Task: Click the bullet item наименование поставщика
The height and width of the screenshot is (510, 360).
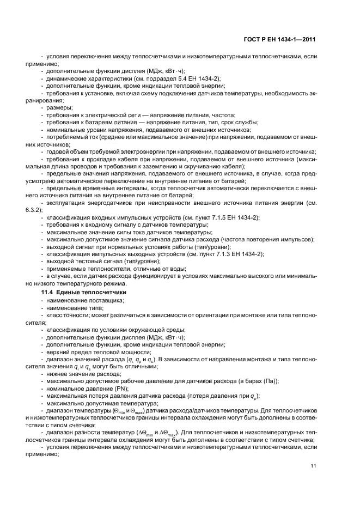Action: point(84,301)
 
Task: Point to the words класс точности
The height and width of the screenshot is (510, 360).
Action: point(66,315)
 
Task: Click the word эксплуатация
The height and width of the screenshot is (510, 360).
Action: point(66,203)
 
